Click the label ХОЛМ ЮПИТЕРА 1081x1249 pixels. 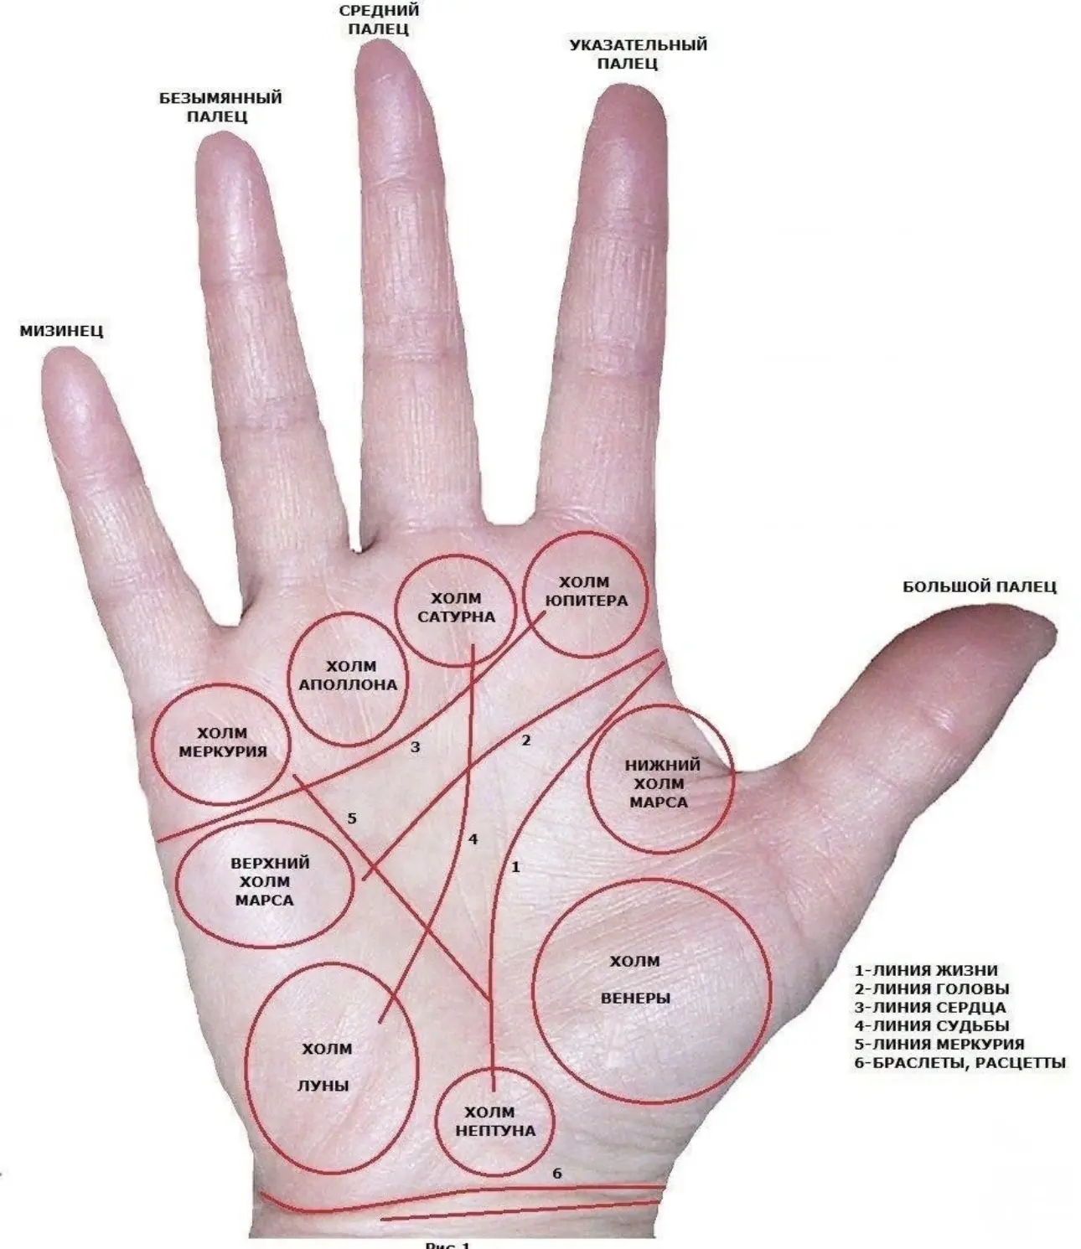tap(586, 591)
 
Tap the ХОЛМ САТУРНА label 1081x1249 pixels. tap(457, 607)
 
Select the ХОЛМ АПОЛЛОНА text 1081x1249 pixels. tap(348, 675)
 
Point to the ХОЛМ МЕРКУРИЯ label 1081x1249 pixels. tap(223, 742)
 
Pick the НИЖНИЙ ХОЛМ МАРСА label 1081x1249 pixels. tap(662, 784)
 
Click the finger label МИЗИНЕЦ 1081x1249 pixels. tap(62, 331)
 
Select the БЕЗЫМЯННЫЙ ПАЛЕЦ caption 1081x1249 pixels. tap(220, 107)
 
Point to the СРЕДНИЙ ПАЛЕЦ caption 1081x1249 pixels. tap(379, 19)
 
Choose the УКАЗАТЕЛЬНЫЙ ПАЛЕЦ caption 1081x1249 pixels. tap(638, 54)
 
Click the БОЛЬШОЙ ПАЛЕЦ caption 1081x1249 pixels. tap(980, 586)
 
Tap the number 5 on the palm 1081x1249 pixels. tap(352, 818)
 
